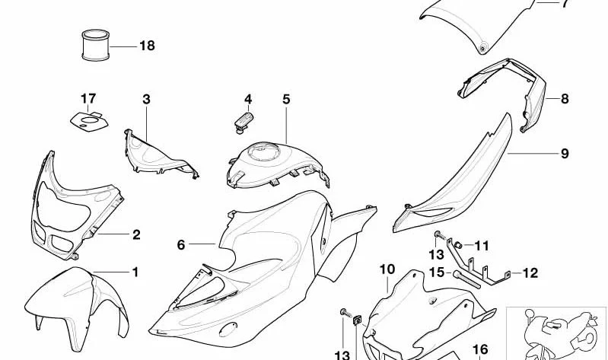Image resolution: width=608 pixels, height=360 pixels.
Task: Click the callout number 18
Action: pos(147,46)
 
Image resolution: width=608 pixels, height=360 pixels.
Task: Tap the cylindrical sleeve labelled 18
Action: pos(95,45)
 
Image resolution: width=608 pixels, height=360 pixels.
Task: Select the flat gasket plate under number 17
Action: pos(89,122)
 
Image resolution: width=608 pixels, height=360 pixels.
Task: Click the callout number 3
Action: pos(146,99)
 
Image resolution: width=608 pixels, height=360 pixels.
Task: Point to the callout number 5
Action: pos(286,99)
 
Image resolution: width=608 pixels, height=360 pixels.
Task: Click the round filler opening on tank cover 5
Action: pos(264,151)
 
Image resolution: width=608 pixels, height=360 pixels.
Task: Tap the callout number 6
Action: pos(181,245)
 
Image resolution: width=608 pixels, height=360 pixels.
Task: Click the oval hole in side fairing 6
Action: pos(228,330)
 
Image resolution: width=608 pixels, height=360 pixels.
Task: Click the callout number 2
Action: pos(136,234)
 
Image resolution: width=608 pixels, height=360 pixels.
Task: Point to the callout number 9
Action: pos(565,154)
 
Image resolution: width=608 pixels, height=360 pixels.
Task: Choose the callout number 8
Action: pos(565,99)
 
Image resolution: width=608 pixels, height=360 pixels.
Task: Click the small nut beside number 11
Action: pos(459,245)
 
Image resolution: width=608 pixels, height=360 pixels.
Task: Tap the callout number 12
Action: pos(530,273)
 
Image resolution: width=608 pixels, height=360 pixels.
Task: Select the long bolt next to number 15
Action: pos(467,279)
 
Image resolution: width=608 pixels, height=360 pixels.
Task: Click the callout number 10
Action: pos(387,269)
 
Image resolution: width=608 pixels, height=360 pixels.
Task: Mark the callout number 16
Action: pos(480,350)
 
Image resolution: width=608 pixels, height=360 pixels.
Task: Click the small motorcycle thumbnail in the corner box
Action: pos(559,334)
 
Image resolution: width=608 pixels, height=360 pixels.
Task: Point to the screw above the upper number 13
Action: pos(441,235)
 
